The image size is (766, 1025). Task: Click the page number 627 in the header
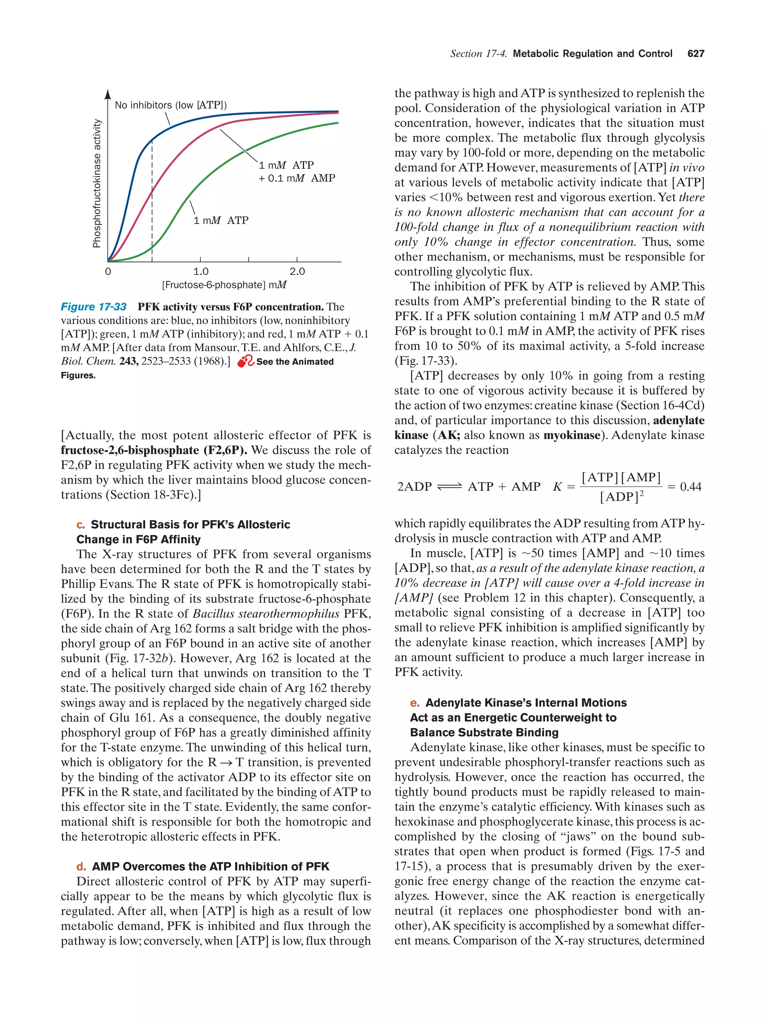coord(696,54)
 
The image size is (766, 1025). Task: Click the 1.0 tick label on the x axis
coord(200,271)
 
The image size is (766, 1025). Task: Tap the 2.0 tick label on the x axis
coord(297,271)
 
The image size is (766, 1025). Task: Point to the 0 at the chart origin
coord(108,271)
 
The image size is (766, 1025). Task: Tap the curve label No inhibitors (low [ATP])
coord(171,105)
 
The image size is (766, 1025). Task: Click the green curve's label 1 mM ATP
coord(221,221)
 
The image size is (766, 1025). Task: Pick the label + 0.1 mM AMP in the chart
coord(297,178)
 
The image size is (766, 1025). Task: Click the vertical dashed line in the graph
coord(152,199)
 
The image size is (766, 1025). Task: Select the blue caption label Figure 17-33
coord(94,307)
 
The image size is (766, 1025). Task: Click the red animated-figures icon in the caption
coord(246,362)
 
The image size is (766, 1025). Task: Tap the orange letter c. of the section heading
coord(81,525)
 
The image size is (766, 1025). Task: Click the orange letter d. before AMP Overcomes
coord(81,866)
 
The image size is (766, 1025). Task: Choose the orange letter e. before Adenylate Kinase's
coord(415,703)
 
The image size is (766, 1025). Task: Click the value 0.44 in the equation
coord(690,487)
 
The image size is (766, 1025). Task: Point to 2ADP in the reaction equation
coord(414,487)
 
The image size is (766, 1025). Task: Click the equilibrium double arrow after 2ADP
coord(450,487)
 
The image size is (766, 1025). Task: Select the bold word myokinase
coord(572,435)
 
